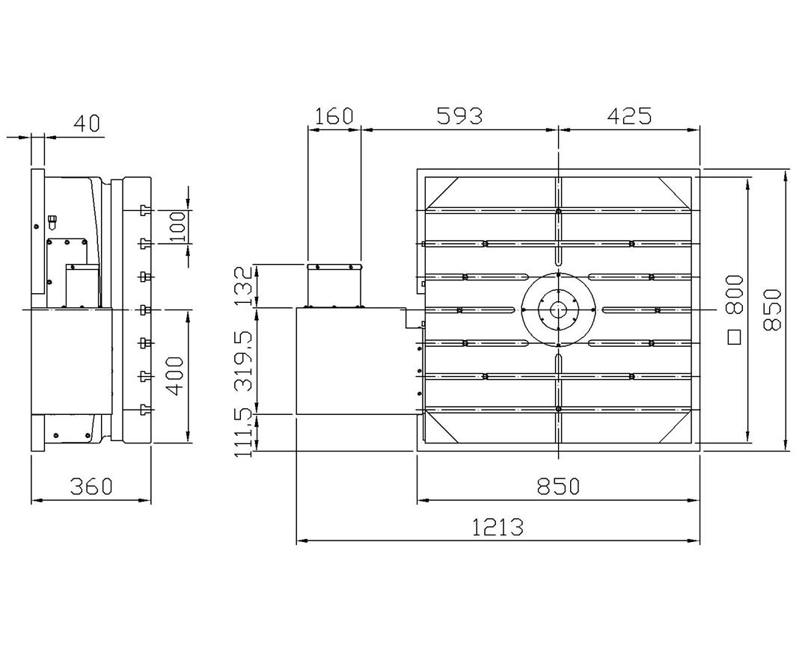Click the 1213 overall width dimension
pyautogui.click(x=498, y=527)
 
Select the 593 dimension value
pyautogui.click(x=459, y=116)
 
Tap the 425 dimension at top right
pyautogui.click(x=629, y=116)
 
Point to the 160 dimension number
pyautogui.click(x=334, y=116)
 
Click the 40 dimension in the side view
pyautogui.click(x=88, y=123)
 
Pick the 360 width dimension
pyautogui.click(x=91, y=486)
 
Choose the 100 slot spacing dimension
pyautogui.click(x=177, y=227)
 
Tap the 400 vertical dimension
pyautogui.click(x=175, y=375)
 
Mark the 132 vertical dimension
pyautogui.click(x=244, y=286)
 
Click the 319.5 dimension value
pyautogui.click(x=244, y=360)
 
